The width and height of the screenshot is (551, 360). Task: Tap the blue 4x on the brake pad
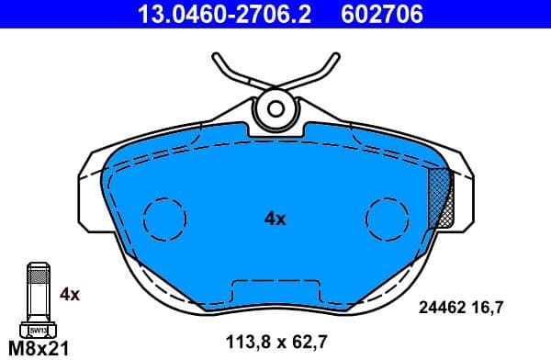(x=275, y=219)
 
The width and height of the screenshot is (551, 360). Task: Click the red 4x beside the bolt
(x=70, y=295)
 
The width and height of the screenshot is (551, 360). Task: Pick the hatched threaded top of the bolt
(x=38, y=273)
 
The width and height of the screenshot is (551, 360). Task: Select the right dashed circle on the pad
(x=386, y=219)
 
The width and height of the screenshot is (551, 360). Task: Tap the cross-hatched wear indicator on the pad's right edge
(x=442, y=197)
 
